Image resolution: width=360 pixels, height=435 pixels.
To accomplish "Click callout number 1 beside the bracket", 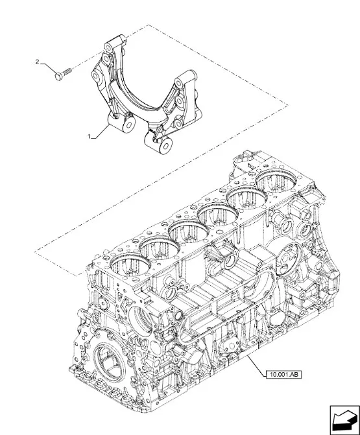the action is (90, 136).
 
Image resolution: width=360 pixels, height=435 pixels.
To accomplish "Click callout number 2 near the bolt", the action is (38, 62).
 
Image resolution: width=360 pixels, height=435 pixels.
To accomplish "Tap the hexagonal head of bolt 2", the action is (59, 76).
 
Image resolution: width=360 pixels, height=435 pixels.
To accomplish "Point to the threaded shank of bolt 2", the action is (67, 72).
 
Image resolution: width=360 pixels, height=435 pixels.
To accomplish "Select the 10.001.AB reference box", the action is (283, 375).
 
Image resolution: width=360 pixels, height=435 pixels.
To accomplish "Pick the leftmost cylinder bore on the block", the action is (130, 266).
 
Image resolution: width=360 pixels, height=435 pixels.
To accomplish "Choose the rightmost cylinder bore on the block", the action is (276, 181).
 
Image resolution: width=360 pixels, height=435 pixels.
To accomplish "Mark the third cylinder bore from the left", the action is (189, 231).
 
